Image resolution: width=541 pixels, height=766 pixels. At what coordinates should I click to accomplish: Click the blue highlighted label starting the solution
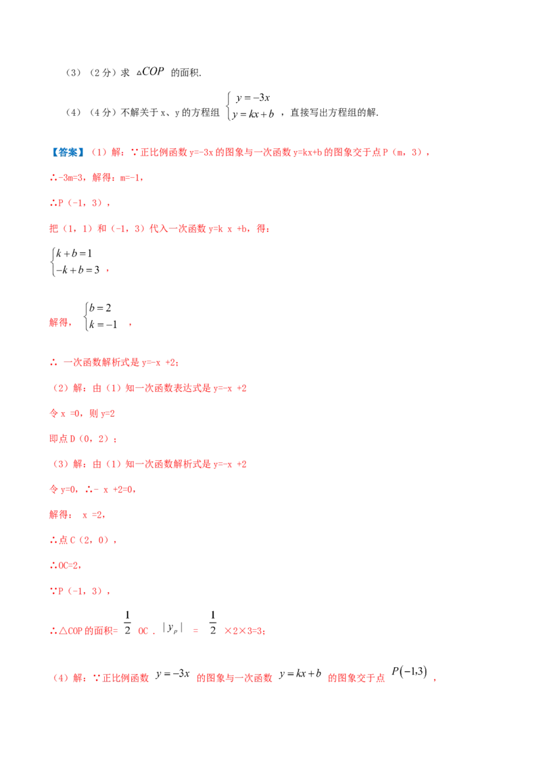67,152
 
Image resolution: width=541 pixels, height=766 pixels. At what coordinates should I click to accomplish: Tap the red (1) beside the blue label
97,152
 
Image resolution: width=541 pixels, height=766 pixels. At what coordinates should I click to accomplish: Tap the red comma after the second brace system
128,325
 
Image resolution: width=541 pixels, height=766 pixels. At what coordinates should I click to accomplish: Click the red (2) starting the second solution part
60,389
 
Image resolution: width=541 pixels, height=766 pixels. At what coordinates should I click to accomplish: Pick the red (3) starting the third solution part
60,465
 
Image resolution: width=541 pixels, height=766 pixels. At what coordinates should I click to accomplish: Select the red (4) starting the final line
60,677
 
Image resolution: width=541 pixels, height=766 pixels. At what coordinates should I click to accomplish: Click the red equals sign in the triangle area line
194,631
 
